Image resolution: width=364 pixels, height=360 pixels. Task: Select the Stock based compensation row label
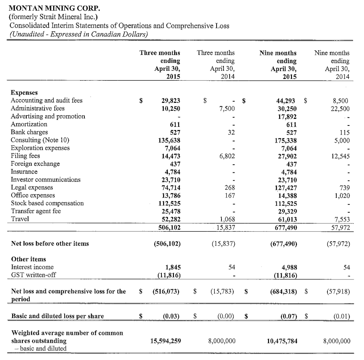click(47, 203)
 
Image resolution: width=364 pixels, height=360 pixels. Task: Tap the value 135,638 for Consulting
click(170, 140)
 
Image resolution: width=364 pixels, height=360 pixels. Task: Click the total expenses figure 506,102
click(170, 227)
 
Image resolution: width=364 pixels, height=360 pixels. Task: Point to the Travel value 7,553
click(341, 219)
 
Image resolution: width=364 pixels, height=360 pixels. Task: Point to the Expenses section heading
click(24, 93)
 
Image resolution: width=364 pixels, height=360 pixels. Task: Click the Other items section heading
click(28, 259)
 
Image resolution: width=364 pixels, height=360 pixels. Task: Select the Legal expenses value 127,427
click(286, 188)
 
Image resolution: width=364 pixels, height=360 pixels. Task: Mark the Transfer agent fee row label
click(36, 211)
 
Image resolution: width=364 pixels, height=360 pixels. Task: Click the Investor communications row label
click(45, 179)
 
